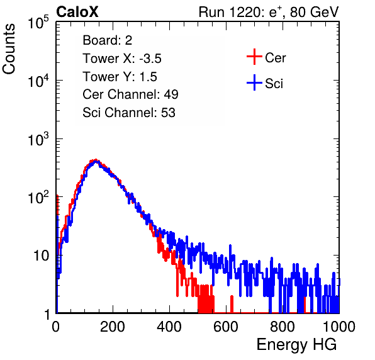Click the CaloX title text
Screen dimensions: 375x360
[77, 12]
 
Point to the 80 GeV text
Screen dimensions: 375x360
[315, 12]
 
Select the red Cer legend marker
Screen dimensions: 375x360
[254, 57]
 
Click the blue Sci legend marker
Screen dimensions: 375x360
[254, 83]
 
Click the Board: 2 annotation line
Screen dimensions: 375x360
[108, 40]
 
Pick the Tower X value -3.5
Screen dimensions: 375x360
[150, 59]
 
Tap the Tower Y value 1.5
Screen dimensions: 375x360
[148, 77]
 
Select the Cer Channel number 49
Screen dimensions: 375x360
[171, 94]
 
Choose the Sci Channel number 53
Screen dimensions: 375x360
[168, 113]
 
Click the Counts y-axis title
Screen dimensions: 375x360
[9, 49]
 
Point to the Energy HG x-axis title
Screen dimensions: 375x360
[296, 345]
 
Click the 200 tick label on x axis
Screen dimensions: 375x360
[113, 327]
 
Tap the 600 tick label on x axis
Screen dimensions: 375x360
[226, 327]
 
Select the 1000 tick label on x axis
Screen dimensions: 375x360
[339, 327]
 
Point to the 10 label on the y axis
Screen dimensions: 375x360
[42, 256]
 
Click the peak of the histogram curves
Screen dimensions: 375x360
[96, 160]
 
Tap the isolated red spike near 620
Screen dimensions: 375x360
[232, 304]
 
